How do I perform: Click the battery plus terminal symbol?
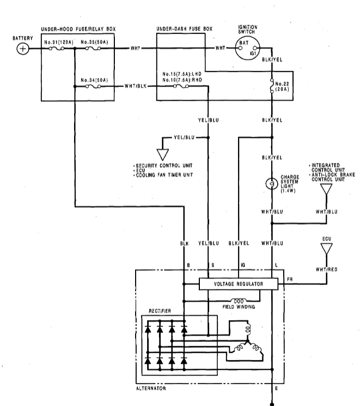click(23, 49)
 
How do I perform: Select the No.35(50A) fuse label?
click(94, 41)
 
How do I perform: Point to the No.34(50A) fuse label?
click(94, 80)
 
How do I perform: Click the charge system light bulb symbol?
click(270, 185)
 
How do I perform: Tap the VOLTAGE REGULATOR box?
click(239, 284)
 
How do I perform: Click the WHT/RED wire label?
click(326, 268)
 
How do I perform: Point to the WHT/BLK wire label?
click(136, 86)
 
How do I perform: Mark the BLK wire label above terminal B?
click(184, 244)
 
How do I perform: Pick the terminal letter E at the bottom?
click(277, 389)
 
